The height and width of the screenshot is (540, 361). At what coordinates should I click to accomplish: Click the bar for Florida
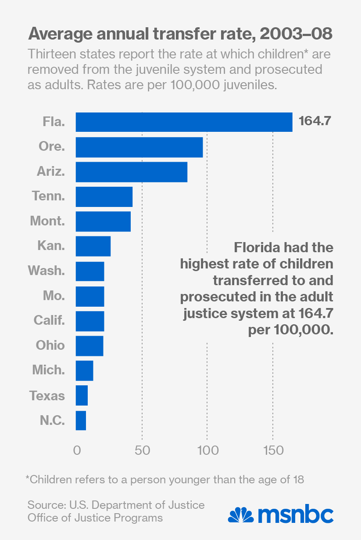[x=184, y=122]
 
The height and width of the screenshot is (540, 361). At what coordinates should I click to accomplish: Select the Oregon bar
[x=139, y=147]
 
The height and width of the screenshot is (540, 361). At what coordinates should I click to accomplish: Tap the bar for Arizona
[x=132, y=172]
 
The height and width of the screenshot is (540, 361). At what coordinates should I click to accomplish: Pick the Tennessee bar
[x=104, y=196]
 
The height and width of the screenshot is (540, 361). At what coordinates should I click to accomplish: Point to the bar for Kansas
[x=93, y=246]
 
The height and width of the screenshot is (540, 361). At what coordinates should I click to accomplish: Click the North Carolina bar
[x=81, y=420]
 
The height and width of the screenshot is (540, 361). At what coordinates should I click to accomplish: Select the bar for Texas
[x=82, y=395]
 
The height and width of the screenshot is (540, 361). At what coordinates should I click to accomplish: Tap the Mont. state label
[x=47, y=221]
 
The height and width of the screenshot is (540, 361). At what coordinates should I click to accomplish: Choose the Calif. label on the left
[x=49, y=320]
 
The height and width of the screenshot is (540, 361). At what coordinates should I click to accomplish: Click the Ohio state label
[x=50, y=345]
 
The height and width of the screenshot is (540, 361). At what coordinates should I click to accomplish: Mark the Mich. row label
[x=49, y=370]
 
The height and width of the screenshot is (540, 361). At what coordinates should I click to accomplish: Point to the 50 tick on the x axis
[x=143, y=451]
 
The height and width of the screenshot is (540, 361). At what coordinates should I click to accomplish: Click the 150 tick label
[x=273, y=451]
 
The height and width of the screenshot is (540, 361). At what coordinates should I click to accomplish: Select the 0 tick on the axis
[x=77, y=451]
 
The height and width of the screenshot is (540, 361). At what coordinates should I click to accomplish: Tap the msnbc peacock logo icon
[x=240, y=515]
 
